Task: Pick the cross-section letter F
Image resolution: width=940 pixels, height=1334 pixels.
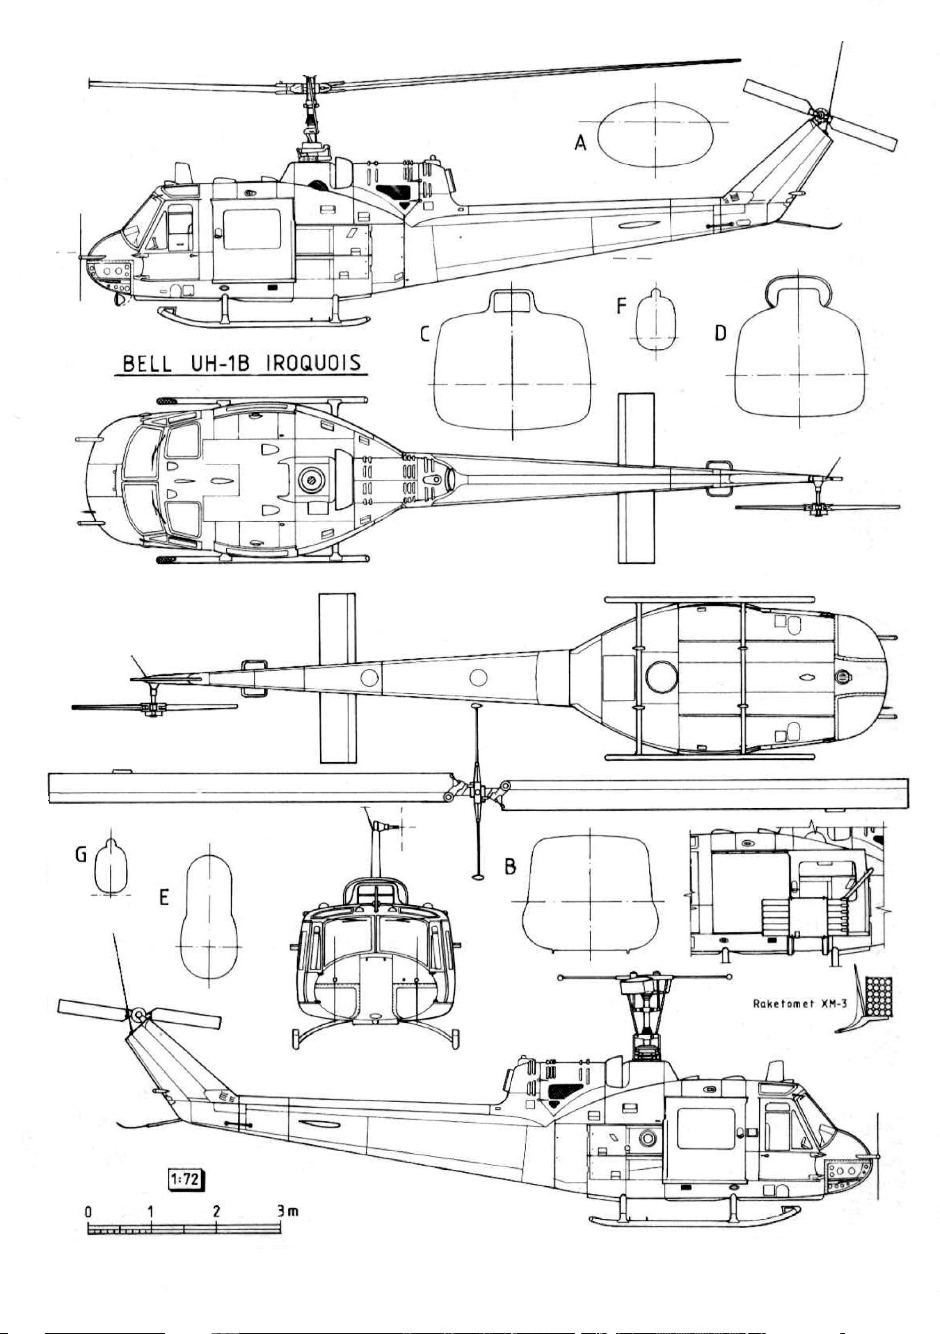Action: pyautogui.click(x=621, y=306)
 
